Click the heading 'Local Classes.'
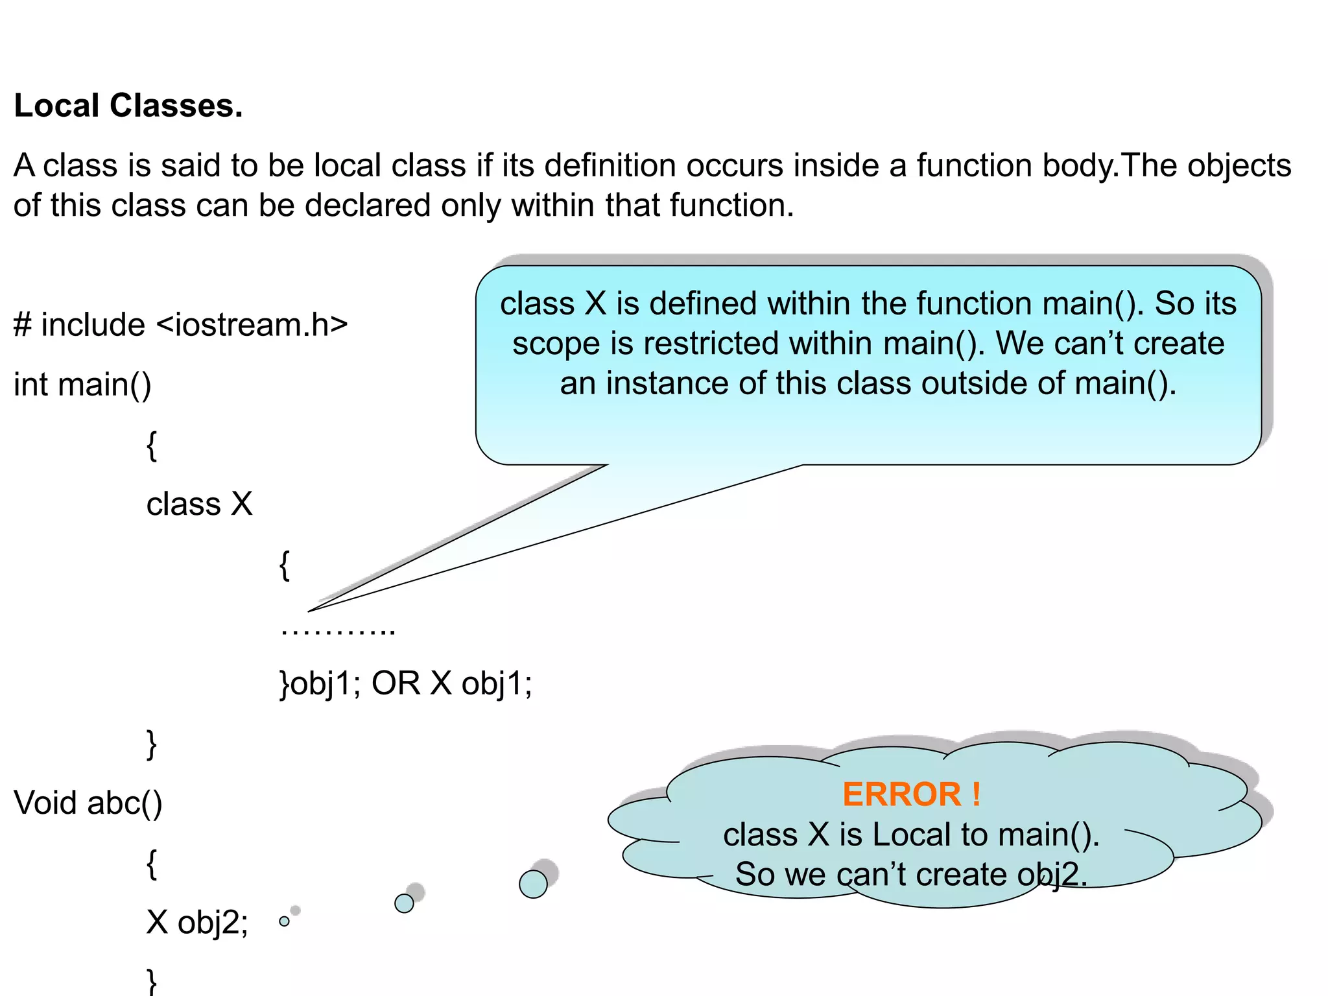(x=128, y=106)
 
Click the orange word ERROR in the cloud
(x=901, y=794)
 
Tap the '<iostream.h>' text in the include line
(x=252, y=324)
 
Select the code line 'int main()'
(x=82, y=384)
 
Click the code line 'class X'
(x=199, y=504)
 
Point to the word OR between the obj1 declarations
(x=396, y=683)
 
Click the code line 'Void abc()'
(x=88, y=803)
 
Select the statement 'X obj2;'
(x=197, y=922)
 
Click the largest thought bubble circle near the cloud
(x=533, y=884)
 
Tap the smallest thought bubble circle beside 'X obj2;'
(x=284, y=921)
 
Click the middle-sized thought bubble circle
(x=404, y=903)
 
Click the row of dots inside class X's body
(x=338, y=630)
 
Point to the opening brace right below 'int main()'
(x=152, y=445)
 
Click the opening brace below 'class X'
(x=284, y=565)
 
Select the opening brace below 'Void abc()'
(x=152, y=864)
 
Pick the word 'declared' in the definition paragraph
(x=368, y=206)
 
